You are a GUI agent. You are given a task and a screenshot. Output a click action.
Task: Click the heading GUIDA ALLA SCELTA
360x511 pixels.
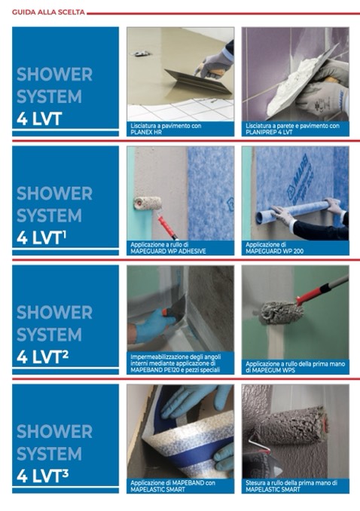pos(48,12)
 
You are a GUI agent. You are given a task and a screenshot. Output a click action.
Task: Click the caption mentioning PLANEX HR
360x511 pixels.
pos(166,129)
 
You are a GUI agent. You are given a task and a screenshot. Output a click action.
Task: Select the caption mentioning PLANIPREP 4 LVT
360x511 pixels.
pos(292,129)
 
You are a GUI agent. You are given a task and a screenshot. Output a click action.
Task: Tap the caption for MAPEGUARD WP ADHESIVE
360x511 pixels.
pos(168,248)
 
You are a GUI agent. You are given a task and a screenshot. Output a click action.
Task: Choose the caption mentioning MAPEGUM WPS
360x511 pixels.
pos(295,366)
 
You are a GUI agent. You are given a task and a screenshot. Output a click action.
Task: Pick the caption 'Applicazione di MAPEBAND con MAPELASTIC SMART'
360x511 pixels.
pos(172,485)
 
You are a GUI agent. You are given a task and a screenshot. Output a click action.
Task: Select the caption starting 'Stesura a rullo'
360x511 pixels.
pos(291,485)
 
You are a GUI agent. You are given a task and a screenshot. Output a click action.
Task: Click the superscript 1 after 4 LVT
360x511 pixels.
pos(64,233)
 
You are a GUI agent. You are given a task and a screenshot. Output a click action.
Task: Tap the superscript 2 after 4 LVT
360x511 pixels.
pos(65,353)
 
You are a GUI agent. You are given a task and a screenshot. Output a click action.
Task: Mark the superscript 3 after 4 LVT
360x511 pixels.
pos(65,473)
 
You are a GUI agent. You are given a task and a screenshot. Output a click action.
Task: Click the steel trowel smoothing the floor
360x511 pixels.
pos(198,82)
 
